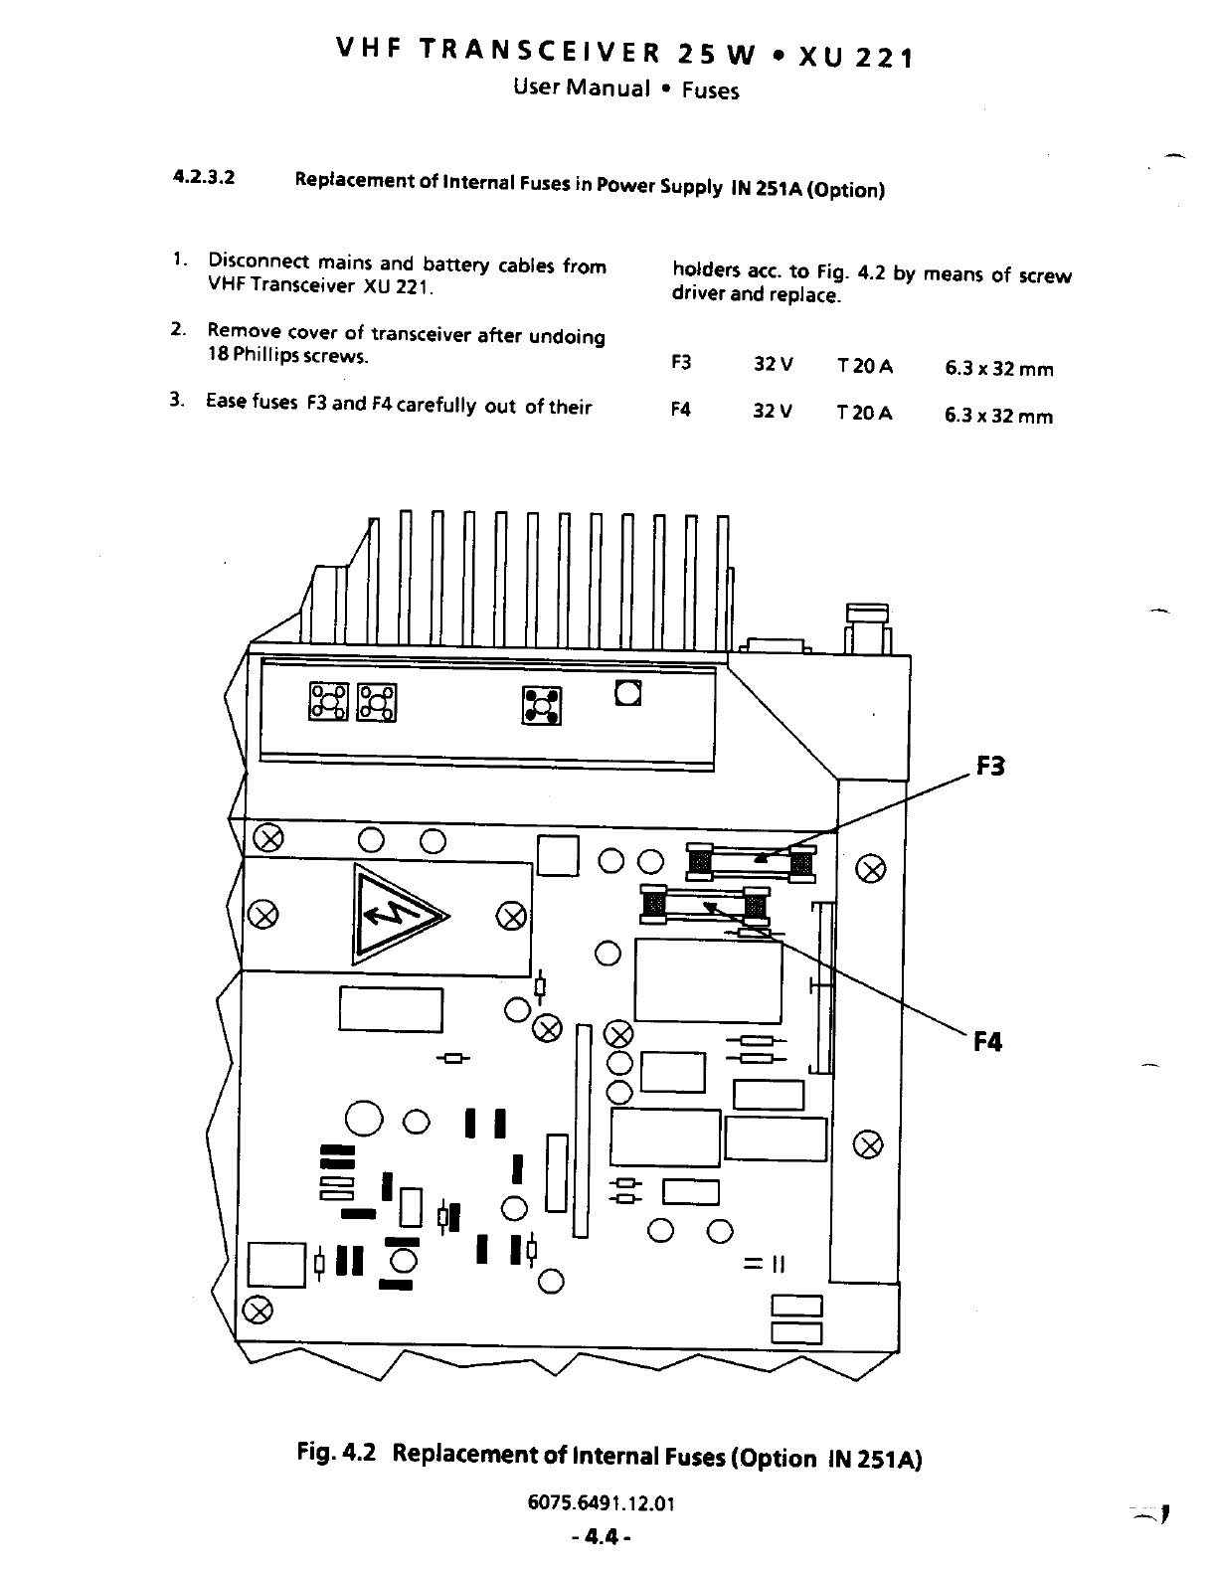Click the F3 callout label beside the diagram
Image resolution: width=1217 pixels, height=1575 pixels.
tap(990, 767)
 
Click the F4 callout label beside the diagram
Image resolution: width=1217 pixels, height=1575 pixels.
tap(987, 1042)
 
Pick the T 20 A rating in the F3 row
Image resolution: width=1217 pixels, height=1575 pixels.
tap(865, 366)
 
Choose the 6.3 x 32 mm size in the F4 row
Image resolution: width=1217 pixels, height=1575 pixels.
tap(998, 416)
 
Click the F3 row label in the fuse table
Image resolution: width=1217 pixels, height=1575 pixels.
tap(681, 363)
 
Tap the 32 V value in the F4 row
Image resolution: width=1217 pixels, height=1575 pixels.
tap(773, 412)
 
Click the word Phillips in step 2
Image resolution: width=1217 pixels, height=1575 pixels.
tap(265, 356)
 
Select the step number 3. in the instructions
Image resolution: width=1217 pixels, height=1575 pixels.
tap(177, 401)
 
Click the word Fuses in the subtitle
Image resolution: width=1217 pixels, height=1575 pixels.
tap(710, 91)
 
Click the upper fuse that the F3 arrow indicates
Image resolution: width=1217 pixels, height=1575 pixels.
tap(752, 860)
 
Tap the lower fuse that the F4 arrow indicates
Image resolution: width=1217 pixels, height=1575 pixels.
tap(705, 905)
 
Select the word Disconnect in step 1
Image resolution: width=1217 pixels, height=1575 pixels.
tap(260, 263)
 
